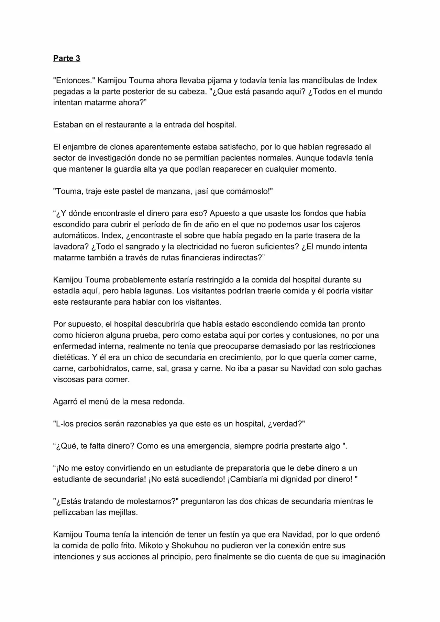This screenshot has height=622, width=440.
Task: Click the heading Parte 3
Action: pos(66,58)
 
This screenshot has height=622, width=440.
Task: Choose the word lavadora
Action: pos(68,247)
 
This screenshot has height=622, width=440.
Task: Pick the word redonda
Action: pos(169,402)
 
